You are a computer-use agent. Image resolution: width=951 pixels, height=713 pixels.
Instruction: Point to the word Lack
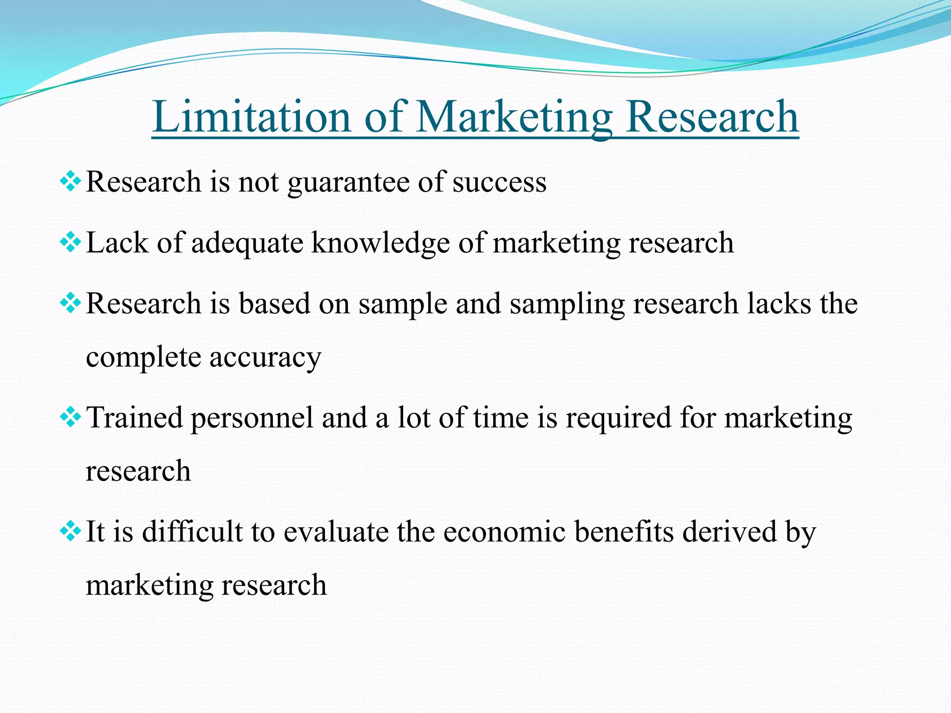click(117, 243)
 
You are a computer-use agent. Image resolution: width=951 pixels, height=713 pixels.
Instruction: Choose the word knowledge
click(380, 244)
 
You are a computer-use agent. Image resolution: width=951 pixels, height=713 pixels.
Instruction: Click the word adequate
click(247, 244)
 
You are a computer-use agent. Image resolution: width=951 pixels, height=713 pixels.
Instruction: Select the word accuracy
click(265, 358)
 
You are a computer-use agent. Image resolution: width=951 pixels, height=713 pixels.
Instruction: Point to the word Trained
click(134, 417)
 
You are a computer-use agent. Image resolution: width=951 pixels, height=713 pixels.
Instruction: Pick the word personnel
click(252, 418)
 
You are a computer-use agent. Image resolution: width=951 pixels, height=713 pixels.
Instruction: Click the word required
click(618, 418)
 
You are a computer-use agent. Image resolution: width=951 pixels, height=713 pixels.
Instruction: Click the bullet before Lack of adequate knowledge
click(70, 242)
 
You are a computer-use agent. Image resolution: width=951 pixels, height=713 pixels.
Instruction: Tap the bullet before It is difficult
click(70, 531)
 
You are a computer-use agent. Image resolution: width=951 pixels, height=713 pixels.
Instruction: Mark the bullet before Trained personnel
click(70, 417)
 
